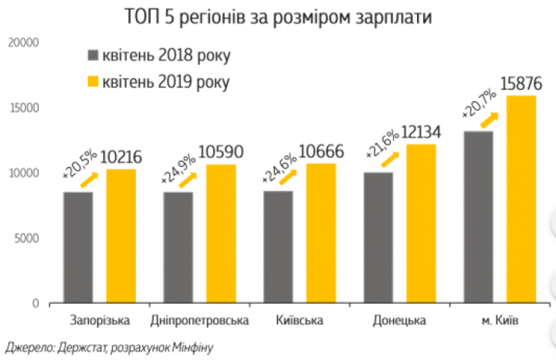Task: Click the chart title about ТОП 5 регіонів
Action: pyautogui.click(x=278, y=17)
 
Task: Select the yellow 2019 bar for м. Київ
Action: pyautogui.click(x=522, y=199)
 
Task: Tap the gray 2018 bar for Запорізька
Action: pyautogui.click(x=79, y=247)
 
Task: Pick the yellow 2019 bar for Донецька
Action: pyautogui.click(x=421, y=223)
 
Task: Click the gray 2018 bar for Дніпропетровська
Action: pyautogui.click(x=178, y=247)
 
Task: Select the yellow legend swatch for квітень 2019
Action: pyautogui.click(x=95, y=81)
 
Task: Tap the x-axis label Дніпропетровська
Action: pyautogui.click(x=199, y=321)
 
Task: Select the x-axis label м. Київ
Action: pyautogui.click(x=501, y=321)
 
